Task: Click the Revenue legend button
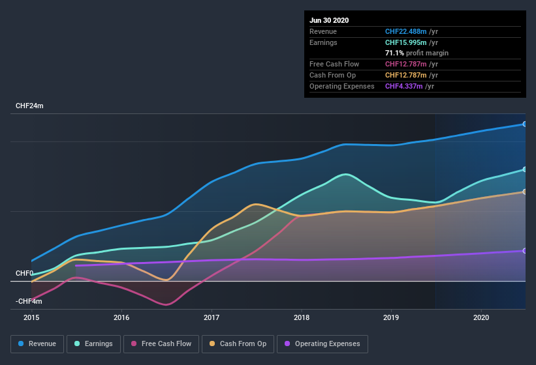pos(38,343)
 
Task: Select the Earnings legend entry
pos(94,343)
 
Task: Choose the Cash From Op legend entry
pos(237,343)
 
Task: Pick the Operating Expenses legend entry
pos(322,343)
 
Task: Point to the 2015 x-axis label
pos(31,317)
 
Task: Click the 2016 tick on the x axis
pos(121,317)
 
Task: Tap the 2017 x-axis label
pos(212,317)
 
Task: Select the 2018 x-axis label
pos(302,317)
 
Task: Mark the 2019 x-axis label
pos(391,317)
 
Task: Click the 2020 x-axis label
pos(481,317)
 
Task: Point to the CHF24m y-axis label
pos(29,106)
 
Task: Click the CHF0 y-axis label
pos(24,273)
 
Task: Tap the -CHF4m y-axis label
pos(29,301)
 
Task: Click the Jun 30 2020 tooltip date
pos(329,20)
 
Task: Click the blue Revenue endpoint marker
pos(525,124)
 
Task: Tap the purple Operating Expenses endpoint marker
pos(525,251)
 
